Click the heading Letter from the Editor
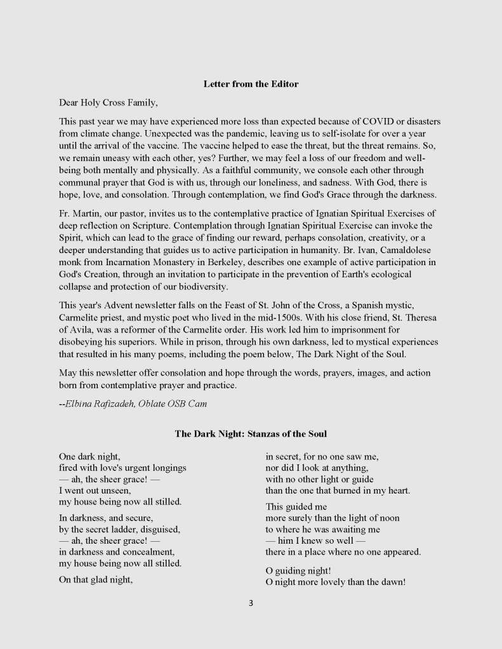pyautogui.click(x=251, y=84)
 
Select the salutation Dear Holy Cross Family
pyautogui.click(x=108, y=102)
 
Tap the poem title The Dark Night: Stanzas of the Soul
pyautogui.click(x=251, y=434)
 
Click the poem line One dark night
pyautogui.click(x=89, y=456)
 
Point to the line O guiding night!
pyautogui.click(x=298, y=570)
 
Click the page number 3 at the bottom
pyautogui.click(x=251, y=603)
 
